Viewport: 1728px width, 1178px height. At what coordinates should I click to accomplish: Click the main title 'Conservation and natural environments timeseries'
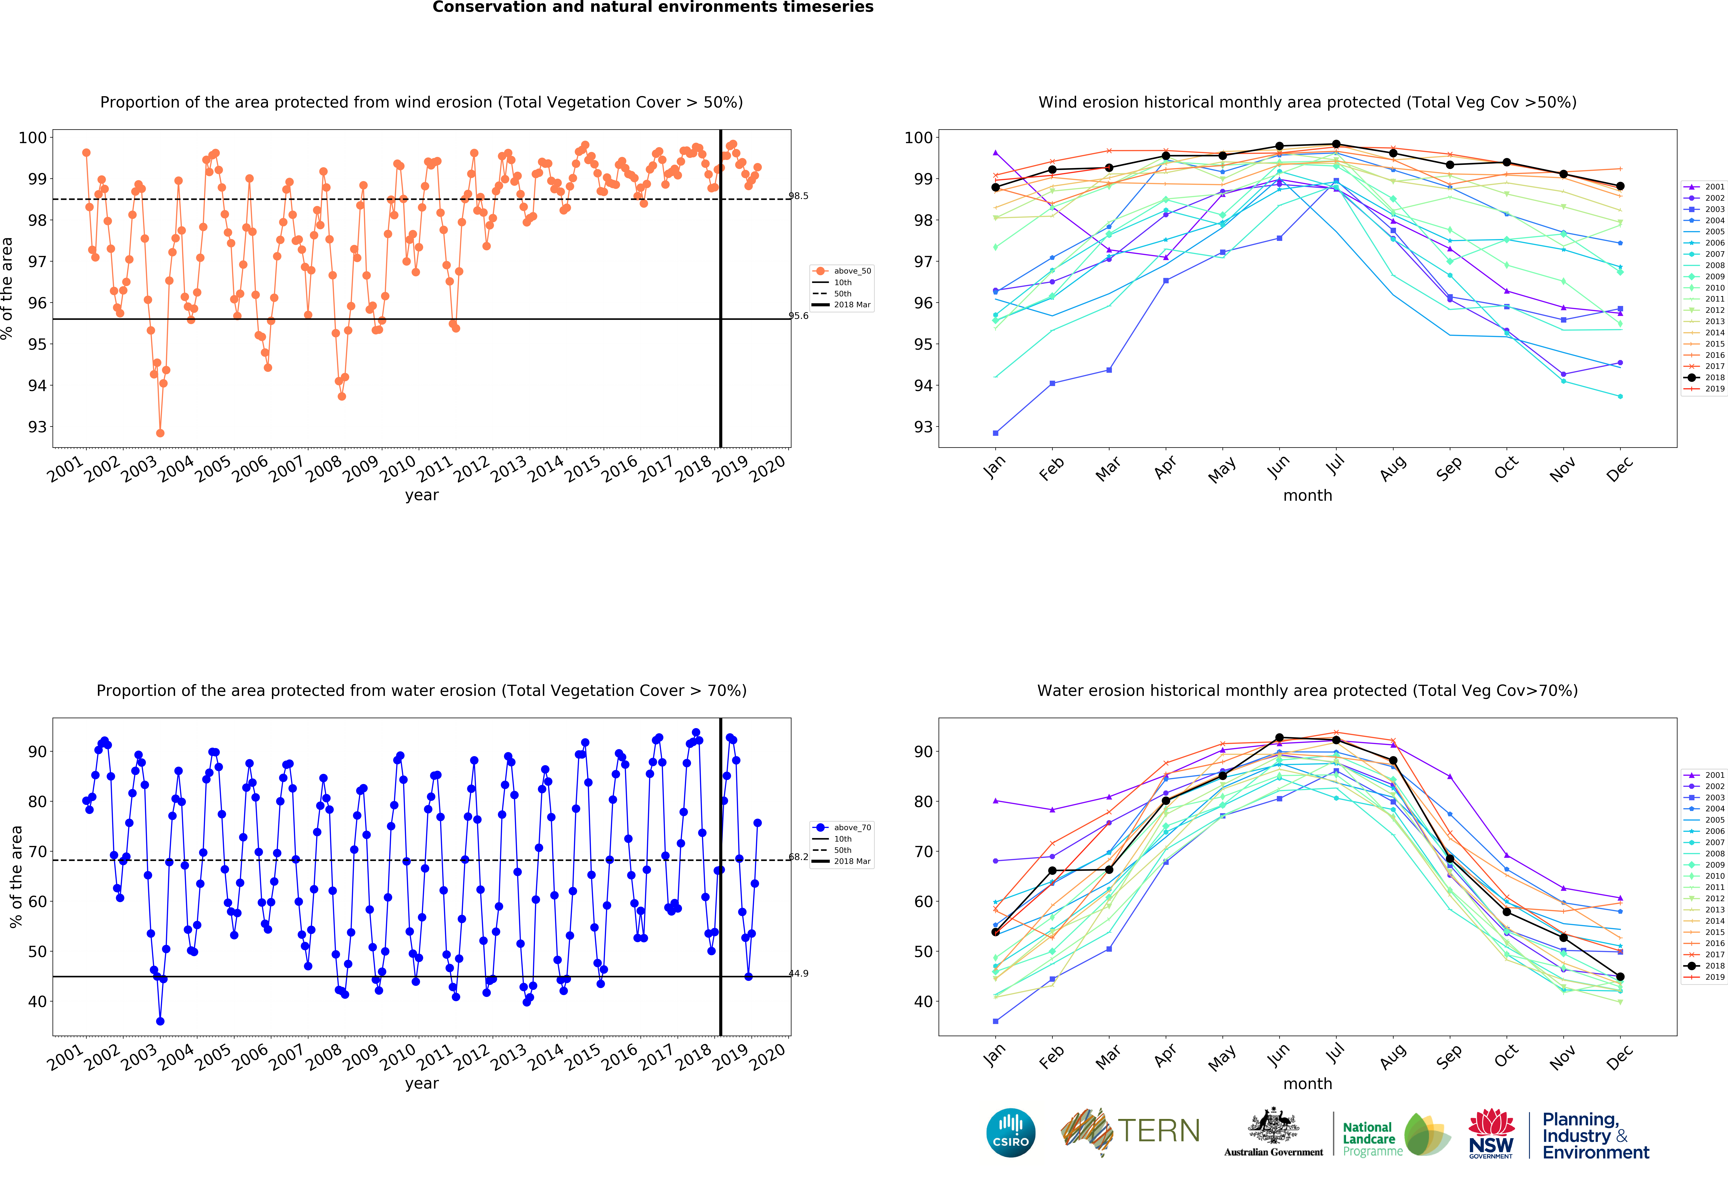coord(653,7)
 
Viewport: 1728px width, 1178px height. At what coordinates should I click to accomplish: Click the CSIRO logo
coord(1010,1133)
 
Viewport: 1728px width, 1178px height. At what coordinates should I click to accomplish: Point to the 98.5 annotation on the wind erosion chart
coord(799,196)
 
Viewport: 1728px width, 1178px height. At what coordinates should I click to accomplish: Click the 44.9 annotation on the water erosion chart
coord(799,973)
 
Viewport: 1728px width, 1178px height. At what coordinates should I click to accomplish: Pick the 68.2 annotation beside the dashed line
coord(799,857)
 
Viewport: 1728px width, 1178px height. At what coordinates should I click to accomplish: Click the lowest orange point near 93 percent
coord(160,433)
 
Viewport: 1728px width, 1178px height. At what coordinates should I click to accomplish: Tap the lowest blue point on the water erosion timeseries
coord(160,1021)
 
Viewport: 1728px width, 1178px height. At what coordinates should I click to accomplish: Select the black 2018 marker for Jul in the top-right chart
coord(1336,144)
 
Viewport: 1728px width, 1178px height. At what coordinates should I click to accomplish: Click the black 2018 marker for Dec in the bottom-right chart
coord(1620,976)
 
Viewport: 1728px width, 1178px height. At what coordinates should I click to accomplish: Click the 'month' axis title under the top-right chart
coord(1307,495)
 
